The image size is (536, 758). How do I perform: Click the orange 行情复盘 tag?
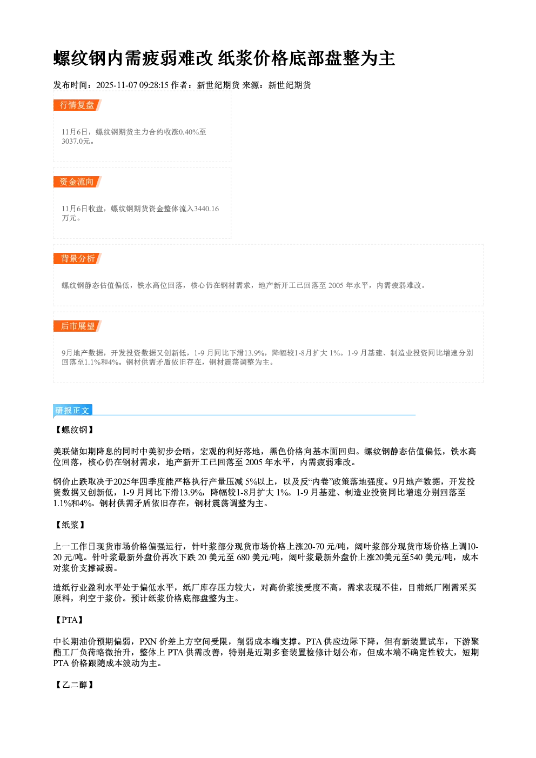(77, 105)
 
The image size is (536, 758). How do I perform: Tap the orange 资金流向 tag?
(77, 182)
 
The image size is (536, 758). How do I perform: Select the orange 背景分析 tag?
(77, 259)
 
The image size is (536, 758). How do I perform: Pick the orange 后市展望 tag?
(77, 326)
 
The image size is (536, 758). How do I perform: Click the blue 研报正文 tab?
(72, 410)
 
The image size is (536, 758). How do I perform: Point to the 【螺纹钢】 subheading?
(75, 430)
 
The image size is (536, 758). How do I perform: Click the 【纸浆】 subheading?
(70, 525)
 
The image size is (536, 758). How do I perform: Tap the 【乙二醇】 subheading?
(75, 685)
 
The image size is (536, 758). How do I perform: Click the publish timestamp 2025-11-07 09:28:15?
(132, 85)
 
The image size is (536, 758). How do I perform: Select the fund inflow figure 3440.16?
(206, 209)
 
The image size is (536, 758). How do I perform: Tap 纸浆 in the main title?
(236, 58)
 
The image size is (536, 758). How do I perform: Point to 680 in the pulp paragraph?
(243, 557)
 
